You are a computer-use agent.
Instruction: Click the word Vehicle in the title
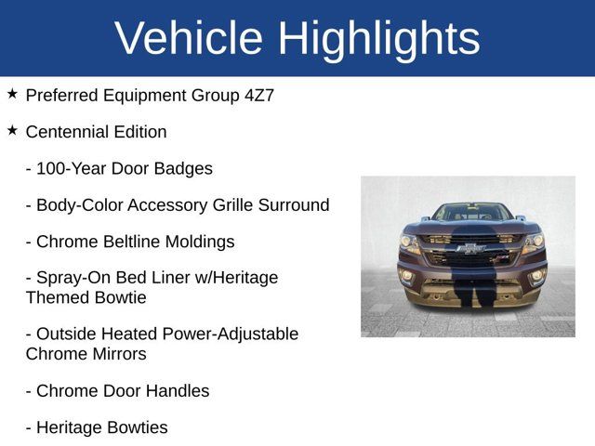coord(189,38)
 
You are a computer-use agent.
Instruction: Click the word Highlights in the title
coord(378,38)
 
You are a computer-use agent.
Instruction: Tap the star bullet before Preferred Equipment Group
coord(12,94)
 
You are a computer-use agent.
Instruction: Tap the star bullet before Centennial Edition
coord(12,131)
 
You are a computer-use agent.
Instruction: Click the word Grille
coord(219,205)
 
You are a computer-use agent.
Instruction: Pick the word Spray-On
coord(70,278)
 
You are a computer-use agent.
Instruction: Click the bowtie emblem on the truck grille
coord(471,249)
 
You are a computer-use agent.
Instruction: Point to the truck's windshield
coord(471,212)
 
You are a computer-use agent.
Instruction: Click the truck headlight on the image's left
coord(409,243)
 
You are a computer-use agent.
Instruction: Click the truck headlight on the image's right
coord(533,243)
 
